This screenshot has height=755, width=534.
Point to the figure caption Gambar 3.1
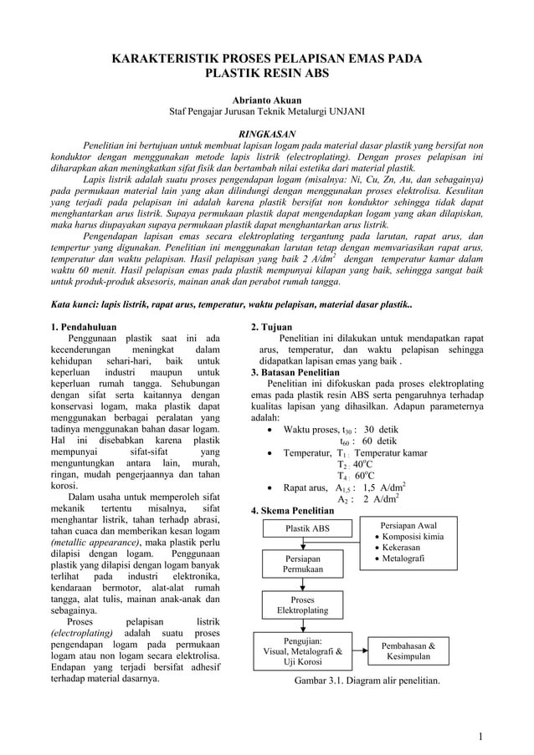367,681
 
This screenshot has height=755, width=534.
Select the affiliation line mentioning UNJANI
266,112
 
